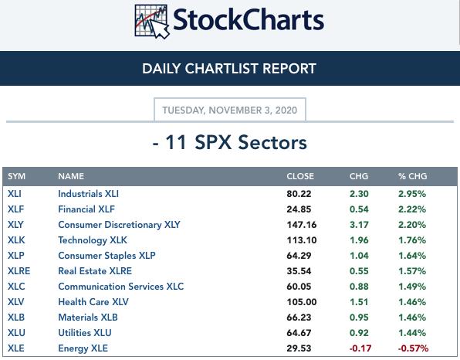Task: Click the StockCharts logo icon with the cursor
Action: pyautogui.click(x=152, y=22)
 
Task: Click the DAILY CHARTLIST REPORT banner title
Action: pyautogui.click(x=229, y=69)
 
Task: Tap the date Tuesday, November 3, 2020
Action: pyautogui.click(x=230, y=110)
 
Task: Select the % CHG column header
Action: pyautogui.click(x=412, y=176)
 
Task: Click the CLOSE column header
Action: pyautogui.click(x=300, y=176)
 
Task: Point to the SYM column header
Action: pyautogui.click(x=16, y=176)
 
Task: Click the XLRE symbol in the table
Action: pyautogui.click(x=19, y=270)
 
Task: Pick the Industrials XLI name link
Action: pyautogui.click(x=88, y=194)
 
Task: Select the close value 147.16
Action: pyautogui.click(x=302, y=225)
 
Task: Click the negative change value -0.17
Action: pyautogui.click(x=360, y=348)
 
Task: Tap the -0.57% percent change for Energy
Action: pyautogui.click(x=413, y=348)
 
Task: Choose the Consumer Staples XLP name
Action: pyautogui.click(x=107, y=256)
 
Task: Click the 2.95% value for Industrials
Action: pyautogui.click(x=412, y=194)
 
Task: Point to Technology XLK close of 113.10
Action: pyautogui.click(x=302, y=240)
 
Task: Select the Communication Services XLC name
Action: pyautogui.click(x=121, y=287)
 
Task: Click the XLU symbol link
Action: pyautogui.click(x=16, y=333)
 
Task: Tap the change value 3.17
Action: pyautogui.click(x=359, y=225)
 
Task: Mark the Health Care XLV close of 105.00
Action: pyautogui.click(x=302, y=302)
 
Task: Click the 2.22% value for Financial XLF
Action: pyautogui.click(x=412, y=209)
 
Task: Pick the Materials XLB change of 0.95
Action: pyautogui.click(x=359, y=318)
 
